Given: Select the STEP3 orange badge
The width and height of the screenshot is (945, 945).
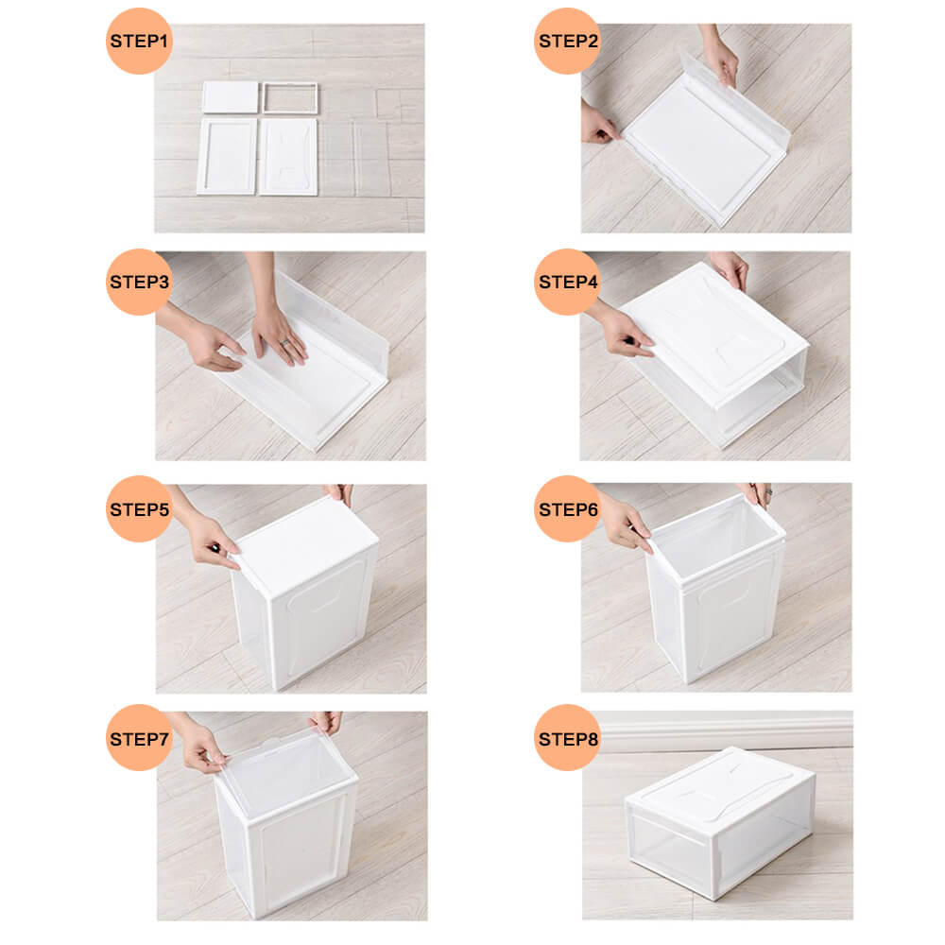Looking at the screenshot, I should click(139, 281).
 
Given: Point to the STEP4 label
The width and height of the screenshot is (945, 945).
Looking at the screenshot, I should click(567, 281).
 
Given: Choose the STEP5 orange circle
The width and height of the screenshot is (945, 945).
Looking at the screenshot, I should click(139, 508).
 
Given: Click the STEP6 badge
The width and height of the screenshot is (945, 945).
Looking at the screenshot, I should click(567, 508).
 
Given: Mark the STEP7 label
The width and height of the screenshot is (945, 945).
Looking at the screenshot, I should click(139, 737).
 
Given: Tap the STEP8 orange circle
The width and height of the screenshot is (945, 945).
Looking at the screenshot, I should click(567, 737).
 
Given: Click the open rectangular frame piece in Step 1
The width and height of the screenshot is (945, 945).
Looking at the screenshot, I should click(289, 98).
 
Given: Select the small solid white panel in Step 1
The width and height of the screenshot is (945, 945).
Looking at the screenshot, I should click(231, 97).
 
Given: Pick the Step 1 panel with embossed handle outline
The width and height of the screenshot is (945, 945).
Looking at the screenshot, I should click(287, 157).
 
